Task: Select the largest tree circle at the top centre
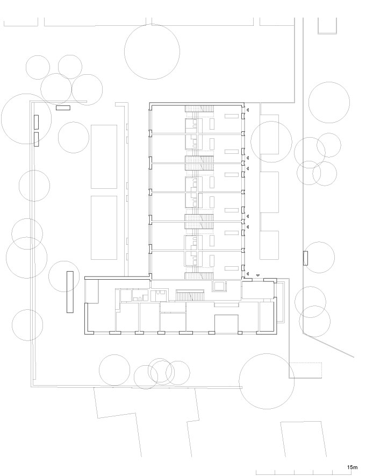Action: tap(152, 52)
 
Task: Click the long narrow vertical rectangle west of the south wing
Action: tap(69, 292)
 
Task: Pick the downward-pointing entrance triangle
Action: tap(257, 275)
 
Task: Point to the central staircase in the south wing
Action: tap(191, 295)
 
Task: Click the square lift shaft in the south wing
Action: tap(220, 285)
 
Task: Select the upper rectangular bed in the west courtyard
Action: tap(104, 157)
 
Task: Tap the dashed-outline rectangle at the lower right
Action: tap(306, 370)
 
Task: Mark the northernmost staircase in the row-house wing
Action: tap(199, 110)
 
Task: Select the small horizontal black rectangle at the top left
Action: tap(63, 108)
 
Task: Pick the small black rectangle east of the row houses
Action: tap(305, 258)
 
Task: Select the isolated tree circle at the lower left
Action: tap(27, 325)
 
